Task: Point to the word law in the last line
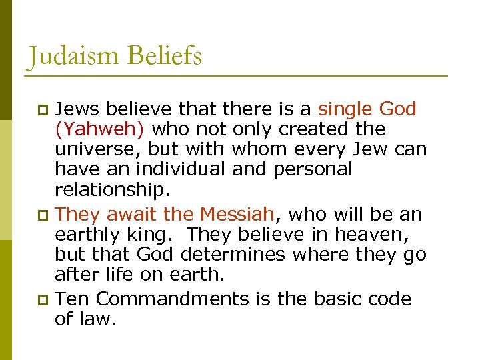tap(101, 319)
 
